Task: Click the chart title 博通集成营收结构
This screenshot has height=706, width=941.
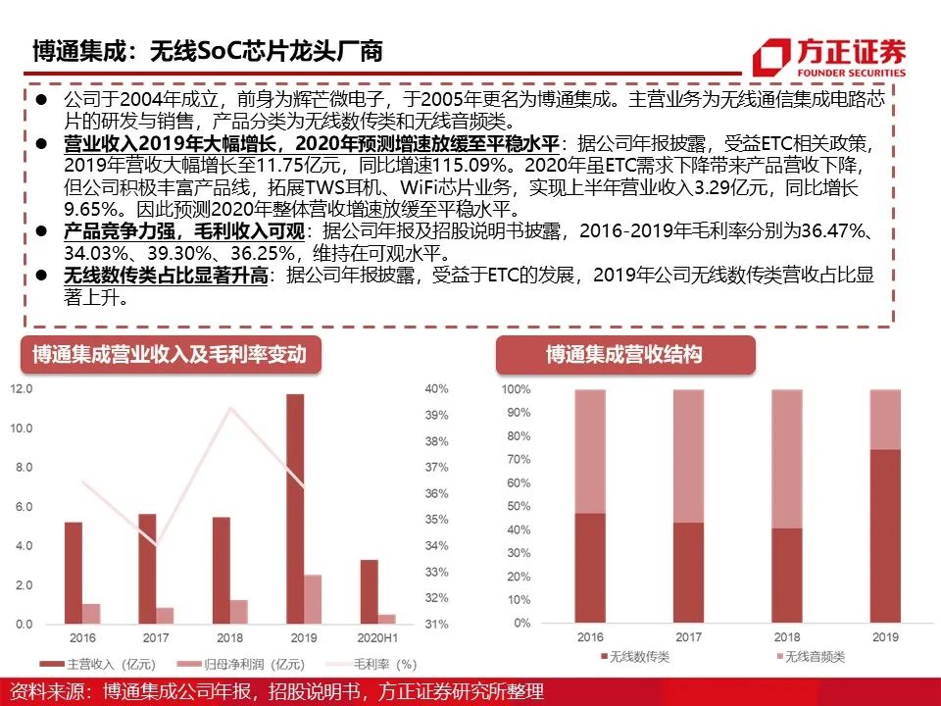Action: coord(624,354)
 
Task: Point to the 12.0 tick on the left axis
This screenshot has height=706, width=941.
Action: coord(21,389)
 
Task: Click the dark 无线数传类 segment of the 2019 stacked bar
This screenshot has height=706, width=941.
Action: coord(885,535)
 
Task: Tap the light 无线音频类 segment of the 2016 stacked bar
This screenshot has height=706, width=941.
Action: coord(590,451)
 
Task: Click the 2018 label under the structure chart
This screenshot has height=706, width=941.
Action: coord(786,636)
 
